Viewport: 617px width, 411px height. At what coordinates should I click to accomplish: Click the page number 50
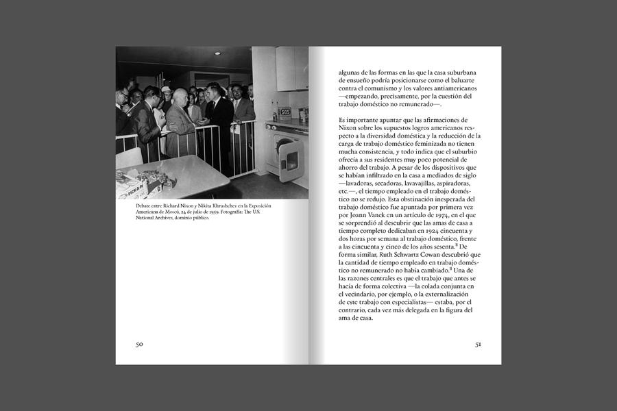coord(138,344)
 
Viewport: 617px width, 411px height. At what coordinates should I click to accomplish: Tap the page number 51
coord(478,344)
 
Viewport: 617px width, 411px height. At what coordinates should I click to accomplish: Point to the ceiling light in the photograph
coord(217,53)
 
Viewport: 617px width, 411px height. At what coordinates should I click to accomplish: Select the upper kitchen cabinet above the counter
coord(291,68)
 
